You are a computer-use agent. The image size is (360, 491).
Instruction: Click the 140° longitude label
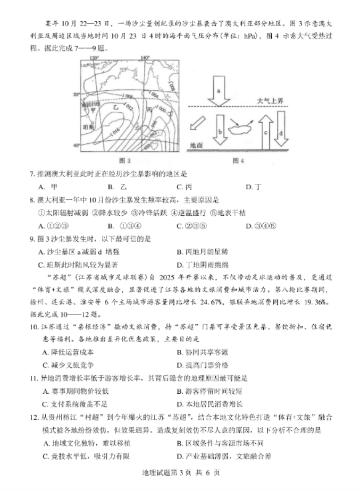tap(146, 57)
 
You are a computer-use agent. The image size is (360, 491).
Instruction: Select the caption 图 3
tap(124, 160)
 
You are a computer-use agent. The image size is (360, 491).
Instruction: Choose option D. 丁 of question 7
tap(254, 187)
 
